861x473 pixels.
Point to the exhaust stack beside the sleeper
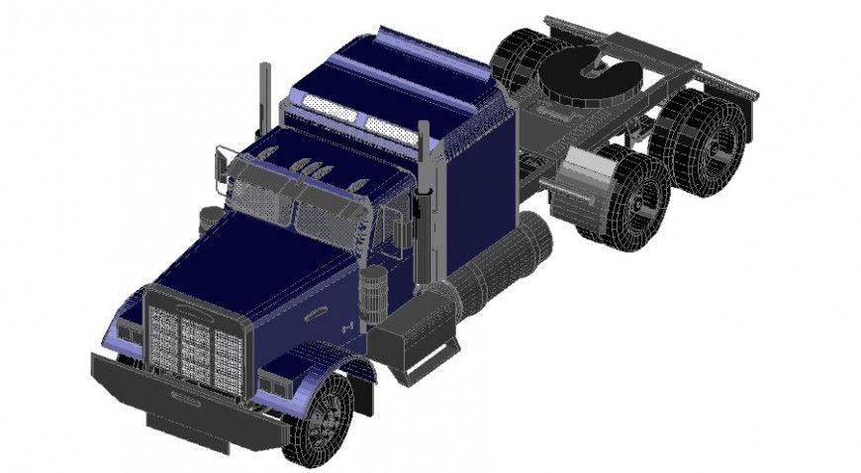[426, 198]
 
